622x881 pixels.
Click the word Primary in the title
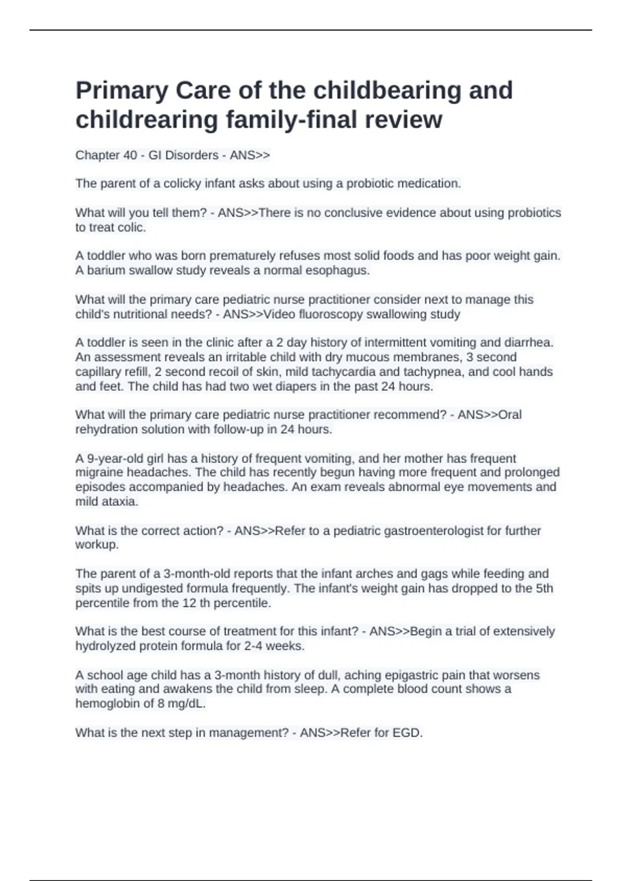(122, 91)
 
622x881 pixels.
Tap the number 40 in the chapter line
(130, 155)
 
